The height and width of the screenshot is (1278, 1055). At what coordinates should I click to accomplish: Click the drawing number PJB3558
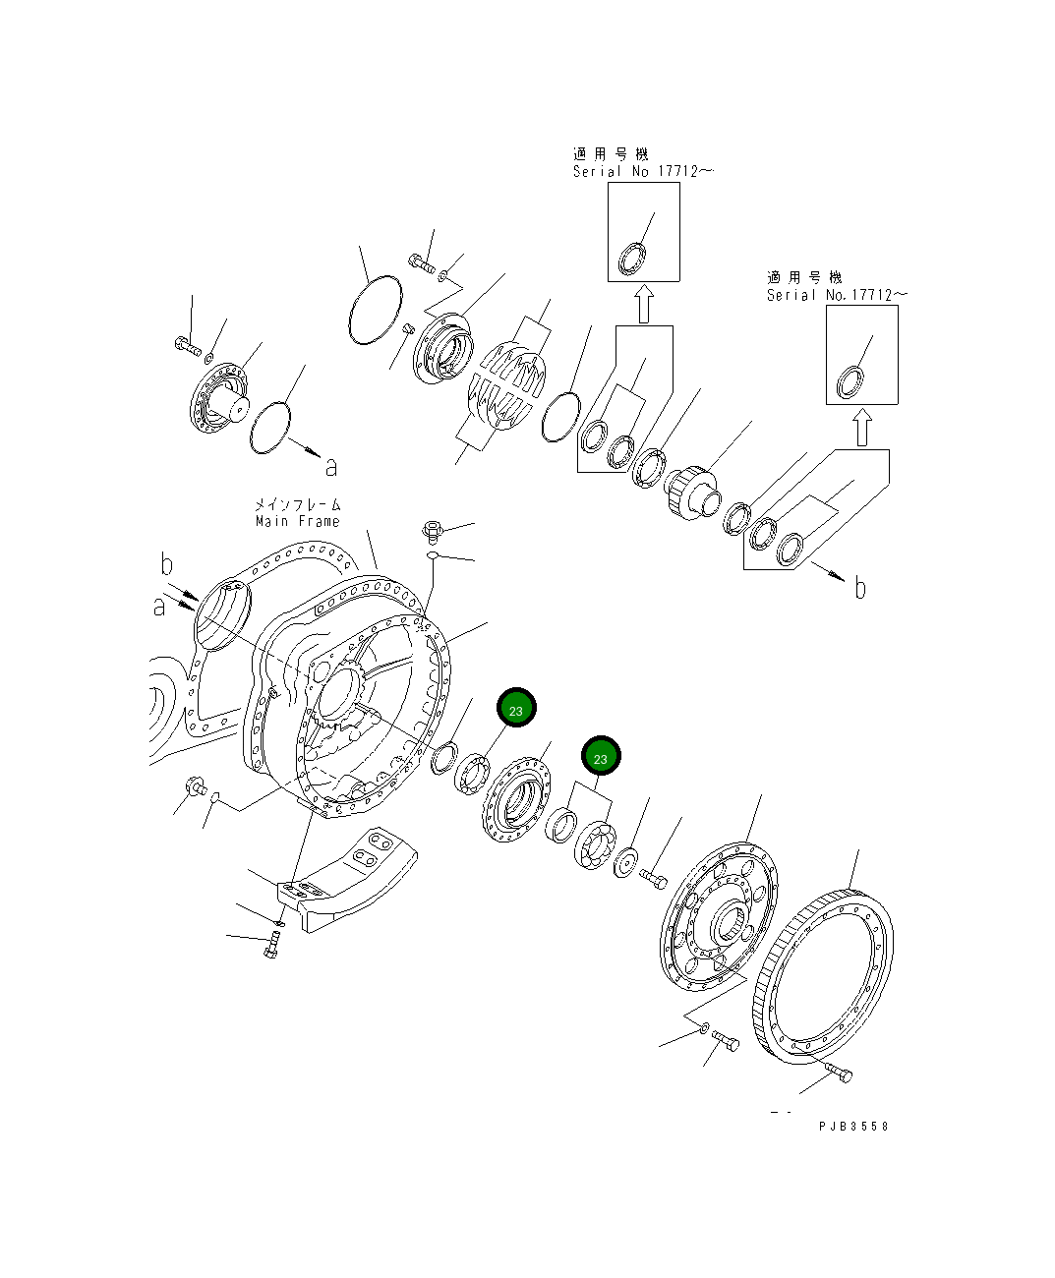[852, 1127]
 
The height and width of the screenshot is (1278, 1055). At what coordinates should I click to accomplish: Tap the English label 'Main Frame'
[297, 521]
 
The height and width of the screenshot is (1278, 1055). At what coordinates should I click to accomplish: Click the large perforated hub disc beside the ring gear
[721, 920]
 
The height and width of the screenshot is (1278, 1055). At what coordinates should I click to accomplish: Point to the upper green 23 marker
[517, 709]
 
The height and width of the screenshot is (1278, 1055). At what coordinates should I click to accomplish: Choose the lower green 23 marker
[601, 757]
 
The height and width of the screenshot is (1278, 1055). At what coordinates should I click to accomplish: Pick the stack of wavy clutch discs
[504, 386]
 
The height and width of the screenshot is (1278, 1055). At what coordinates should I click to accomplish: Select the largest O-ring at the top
[375, 311]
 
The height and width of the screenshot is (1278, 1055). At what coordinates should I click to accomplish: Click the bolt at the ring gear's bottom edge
[837, 1074]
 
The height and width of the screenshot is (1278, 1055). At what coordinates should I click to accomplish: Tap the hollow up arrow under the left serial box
[643, 304]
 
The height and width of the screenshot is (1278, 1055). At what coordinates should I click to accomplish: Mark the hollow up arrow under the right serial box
[861, 428]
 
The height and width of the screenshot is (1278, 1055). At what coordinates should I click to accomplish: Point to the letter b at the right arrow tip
[860, 588]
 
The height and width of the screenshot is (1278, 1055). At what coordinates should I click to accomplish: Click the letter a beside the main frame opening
[160, 609]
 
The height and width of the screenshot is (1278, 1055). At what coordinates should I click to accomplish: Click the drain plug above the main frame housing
[432, 531]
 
